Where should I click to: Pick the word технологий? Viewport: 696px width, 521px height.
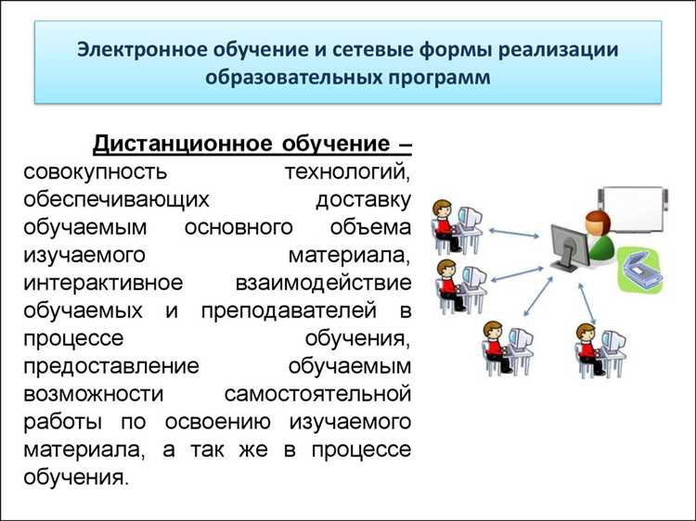346,172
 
